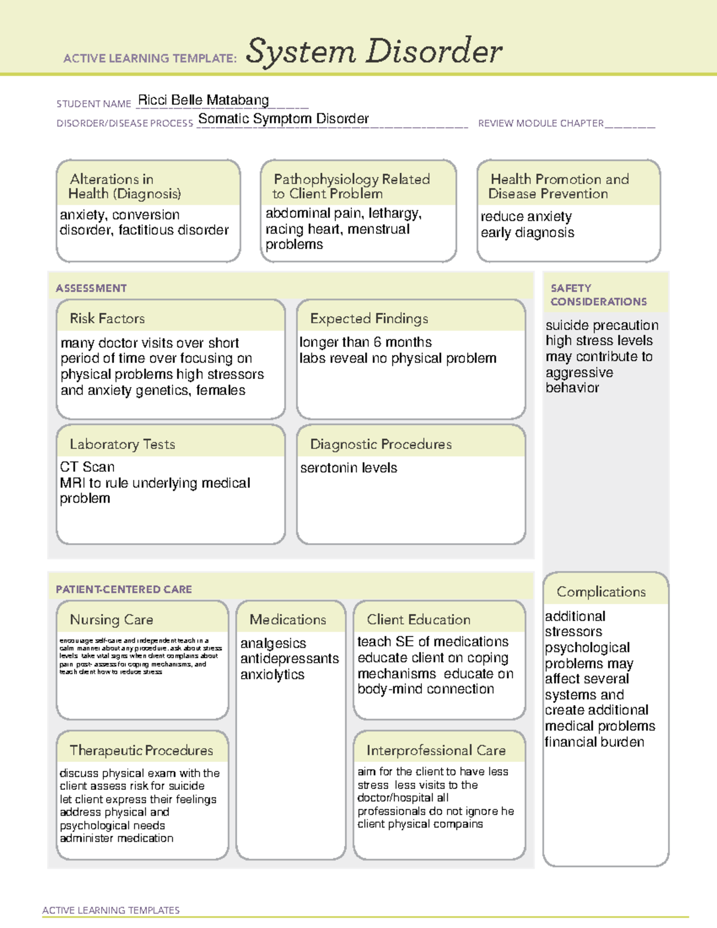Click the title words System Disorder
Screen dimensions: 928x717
[374, 51]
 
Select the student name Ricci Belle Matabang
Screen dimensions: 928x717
[203, 100]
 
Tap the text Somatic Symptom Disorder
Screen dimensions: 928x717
[283, 119]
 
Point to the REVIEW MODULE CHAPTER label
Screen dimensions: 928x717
[541, 124]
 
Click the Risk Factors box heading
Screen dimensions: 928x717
[108, 318]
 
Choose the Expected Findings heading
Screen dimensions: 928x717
[369, 318]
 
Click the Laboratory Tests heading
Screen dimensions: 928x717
[122, 444]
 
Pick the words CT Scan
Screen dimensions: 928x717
[87, 467]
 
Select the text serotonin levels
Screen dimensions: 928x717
[348, 468]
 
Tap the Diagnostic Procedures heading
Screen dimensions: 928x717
[381, 444]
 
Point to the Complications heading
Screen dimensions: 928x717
[601, 592]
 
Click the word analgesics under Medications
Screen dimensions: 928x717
[273, 643]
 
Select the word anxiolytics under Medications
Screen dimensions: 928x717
[272, 675]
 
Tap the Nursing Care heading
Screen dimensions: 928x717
[112, 620]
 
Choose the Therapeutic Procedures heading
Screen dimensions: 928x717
[142, 750]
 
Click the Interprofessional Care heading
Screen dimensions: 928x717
[436, 750]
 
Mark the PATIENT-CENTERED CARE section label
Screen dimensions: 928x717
[124, 589]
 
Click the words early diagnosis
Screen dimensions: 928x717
[528, 232]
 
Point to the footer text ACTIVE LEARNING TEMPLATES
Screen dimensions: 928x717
[111, 910]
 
